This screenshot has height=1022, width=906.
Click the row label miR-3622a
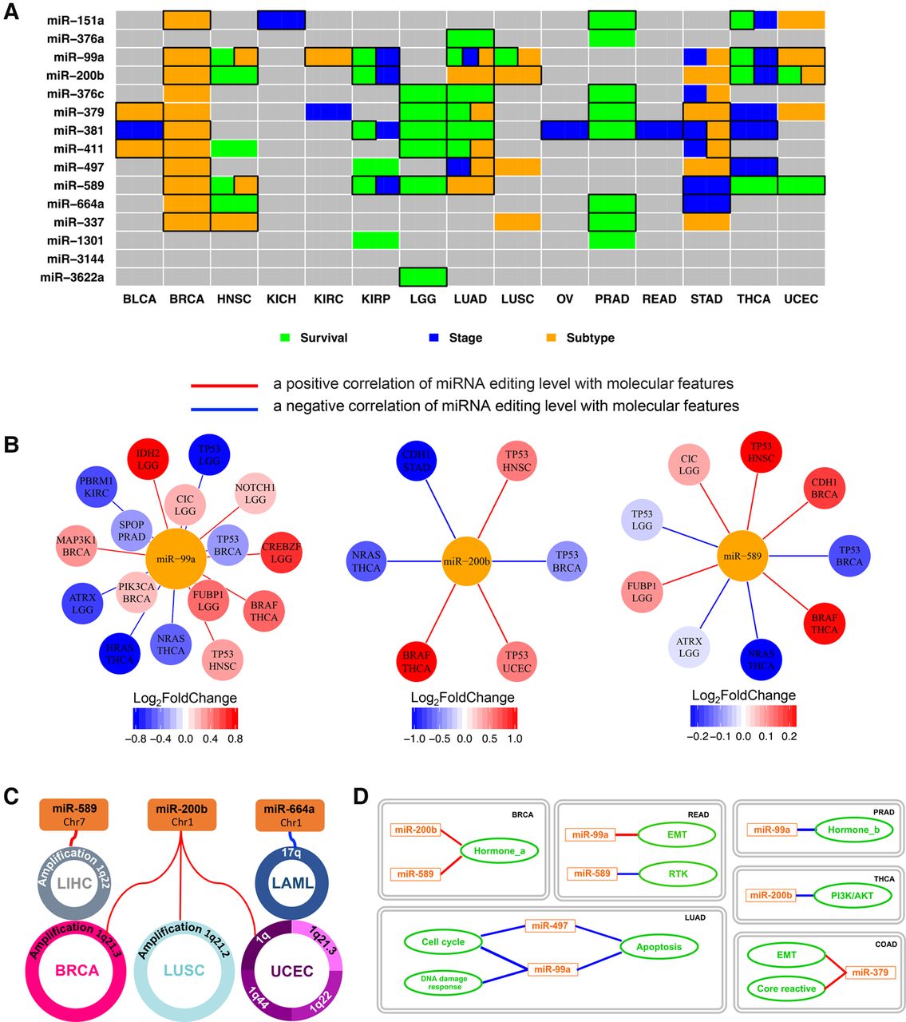[x=74, y=277]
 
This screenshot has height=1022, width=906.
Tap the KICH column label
[x=281, y=299]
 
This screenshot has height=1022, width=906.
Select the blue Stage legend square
[x=434, y=338]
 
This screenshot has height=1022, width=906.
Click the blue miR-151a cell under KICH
[x=281, y=20]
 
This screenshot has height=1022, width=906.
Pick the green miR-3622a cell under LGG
[x=423, y=277]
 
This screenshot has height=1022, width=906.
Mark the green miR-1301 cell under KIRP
[x=375, y=240]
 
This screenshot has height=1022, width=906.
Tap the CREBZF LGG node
[x=281, y=553]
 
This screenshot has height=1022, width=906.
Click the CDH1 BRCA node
[x=825, y=488]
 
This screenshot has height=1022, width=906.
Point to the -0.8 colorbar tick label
[x=140, y=739]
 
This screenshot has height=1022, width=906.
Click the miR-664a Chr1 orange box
[x=289, y=815]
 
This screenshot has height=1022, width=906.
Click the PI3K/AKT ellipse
[x=853, y=896]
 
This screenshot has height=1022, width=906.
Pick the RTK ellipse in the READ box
[x=679, y=873]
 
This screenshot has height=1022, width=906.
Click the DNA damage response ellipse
[x=445, y=982]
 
